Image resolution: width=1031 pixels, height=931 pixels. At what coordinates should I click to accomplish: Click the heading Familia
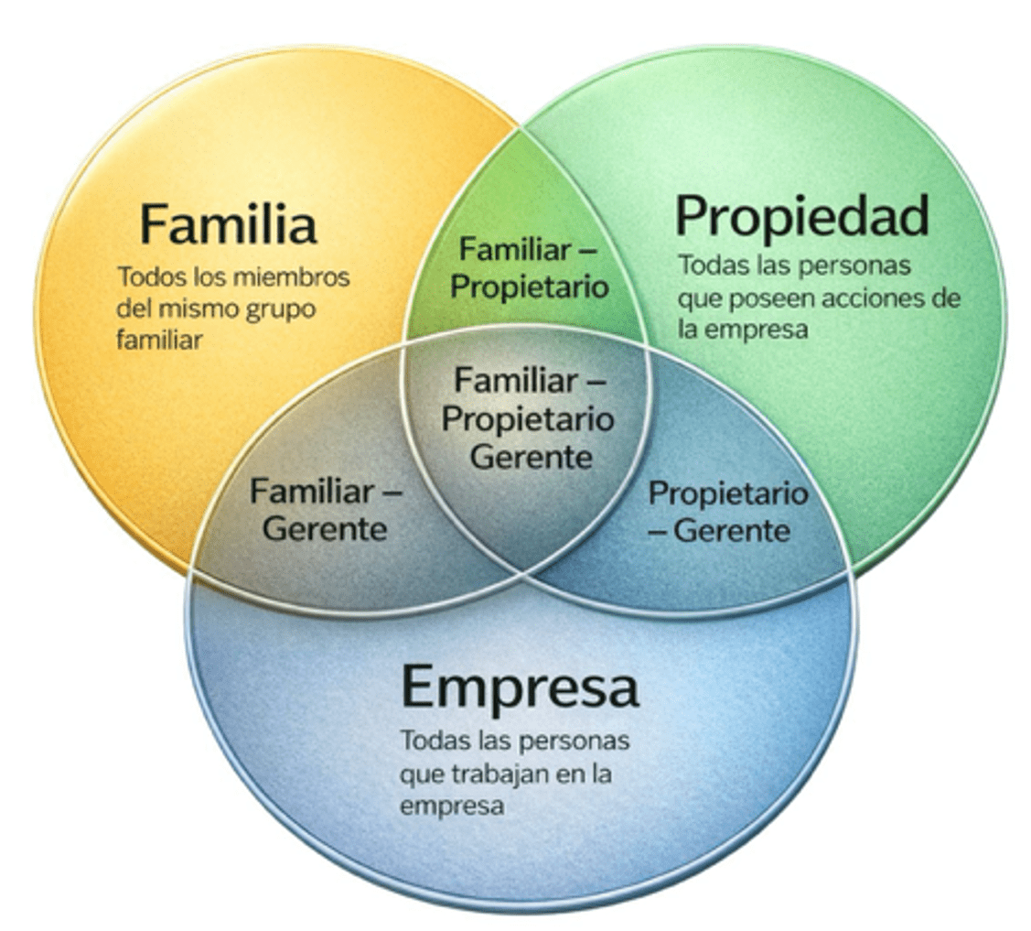228,224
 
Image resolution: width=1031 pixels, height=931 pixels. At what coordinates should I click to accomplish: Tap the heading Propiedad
801,216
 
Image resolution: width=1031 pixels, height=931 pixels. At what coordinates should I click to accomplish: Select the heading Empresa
520,687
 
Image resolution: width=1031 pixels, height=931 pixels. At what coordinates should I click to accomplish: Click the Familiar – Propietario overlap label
530,267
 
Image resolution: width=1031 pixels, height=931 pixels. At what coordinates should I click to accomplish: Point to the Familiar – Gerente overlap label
326,510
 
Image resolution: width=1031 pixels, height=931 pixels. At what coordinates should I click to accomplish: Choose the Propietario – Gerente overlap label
728,511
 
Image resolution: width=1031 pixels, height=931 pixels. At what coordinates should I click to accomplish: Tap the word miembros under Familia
292,277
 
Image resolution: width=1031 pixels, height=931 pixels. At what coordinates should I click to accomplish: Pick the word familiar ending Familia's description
159,341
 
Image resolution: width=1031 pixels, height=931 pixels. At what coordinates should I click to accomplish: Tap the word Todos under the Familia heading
150,277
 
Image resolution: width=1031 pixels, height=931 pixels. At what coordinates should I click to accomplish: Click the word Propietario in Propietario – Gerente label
728,493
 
